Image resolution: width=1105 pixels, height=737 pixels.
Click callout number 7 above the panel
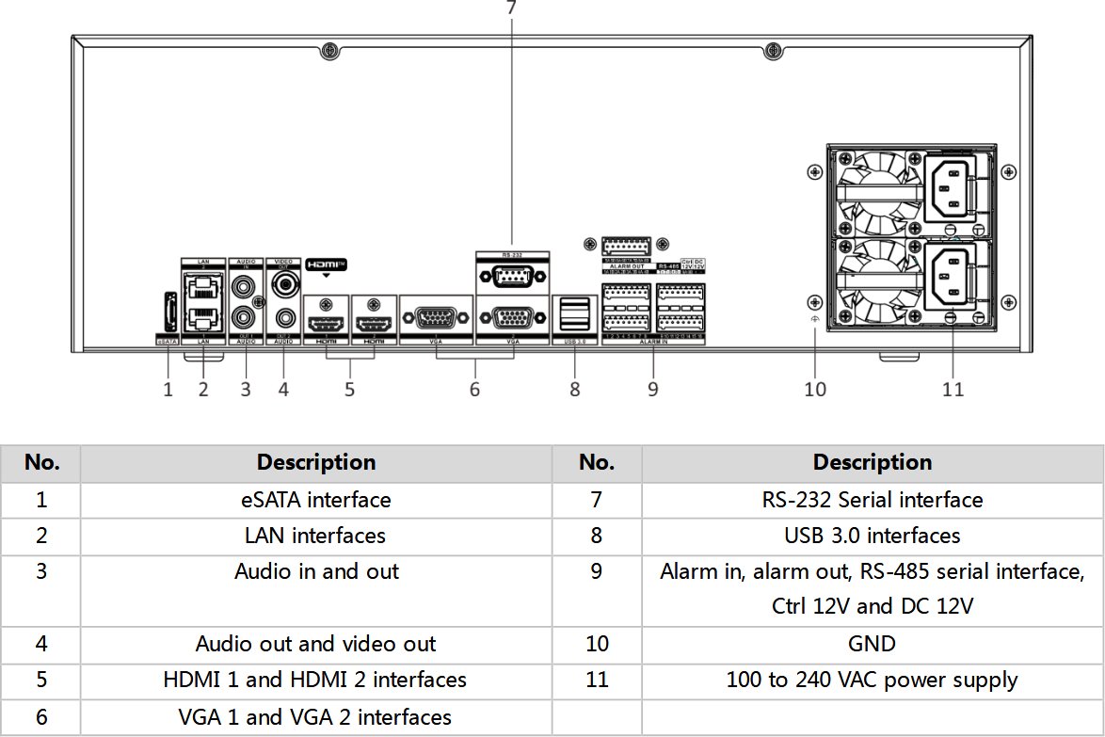coord(511,8)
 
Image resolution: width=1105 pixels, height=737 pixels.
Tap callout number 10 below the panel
coord(815,389)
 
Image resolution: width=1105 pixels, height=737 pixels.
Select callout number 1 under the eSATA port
coord(168,389)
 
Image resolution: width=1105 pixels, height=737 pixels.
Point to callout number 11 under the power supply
coord(953,389)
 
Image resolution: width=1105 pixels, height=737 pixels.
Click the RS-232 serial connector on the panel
coord(512,277)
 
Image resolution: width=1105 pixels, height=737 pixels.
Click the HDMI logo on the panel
coord(327,264)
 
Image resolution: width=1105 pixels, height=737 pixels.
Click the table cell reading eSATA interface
coord(316,500)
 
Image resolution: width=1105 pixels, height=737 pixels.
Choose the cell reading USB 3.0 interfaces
coord(873,536)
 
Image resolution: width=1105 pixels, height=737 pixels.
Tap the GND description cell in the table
coord(873,644)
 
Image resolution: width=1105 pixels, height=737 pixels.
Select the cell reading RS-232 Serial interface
coord(873,500)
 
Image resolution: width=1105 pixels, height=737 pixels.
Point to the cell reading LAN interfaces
coord(316,536)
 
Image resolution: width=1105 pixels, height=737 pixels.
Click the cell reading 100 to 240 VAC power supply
coord(873,680)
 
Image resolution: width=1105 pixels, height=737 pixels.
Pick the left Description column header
coord(316,463)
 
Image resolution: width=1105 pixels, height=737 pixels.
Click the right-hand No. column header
coord(597,463)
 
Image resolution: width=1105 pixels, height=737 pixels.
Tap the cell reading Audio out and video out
coord(316,644)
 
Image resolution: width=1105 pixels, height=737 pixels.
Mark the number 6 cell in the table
coord(41,716)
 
